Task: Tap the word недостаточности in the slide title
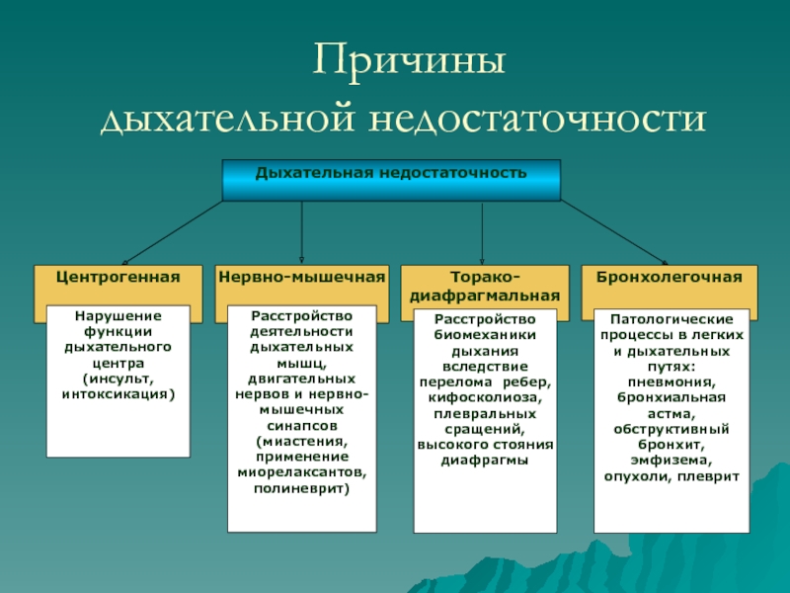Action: point(538,119)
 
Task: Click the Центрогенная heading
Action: point(118,279)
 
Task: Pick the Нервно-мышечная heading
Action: point(301,279)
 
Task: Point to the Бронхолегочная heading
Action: point(669,279)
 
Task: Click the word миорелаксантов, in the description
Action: point(301,472)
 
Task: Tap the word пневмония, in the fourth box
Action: point(669,381)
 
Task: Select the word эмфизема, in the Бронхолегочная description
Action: point(669,460)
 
